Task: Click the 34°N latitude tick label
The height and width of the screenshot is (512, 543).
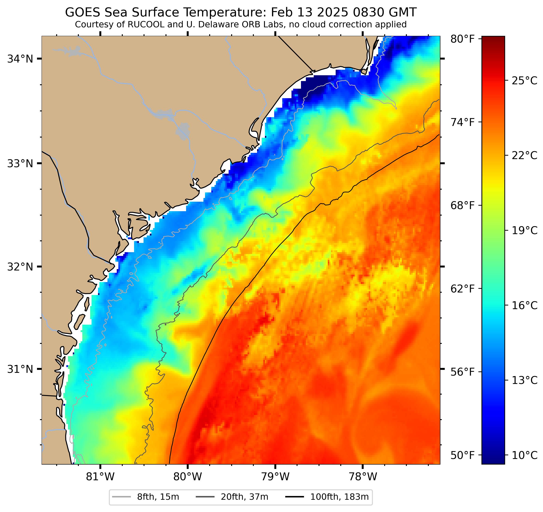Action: point(20,59)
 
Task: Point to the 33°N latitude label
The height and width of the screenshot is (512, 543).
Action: point(20,164)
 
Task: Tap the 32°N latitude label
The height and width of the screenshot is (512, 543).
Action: point(20,267)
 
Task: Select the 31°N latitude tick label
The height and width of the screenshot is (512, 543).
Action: point(20,369)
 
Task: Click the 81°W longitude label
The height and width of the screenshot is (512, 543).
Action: point(100,477)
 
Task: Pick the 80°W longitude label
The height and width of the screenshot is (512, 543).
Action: point(188,477)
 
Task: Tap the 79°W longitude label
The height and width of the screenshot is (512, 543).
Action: point(275,477)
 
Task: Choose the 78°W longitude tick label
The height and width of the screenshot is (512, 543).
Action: point(363,477)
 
